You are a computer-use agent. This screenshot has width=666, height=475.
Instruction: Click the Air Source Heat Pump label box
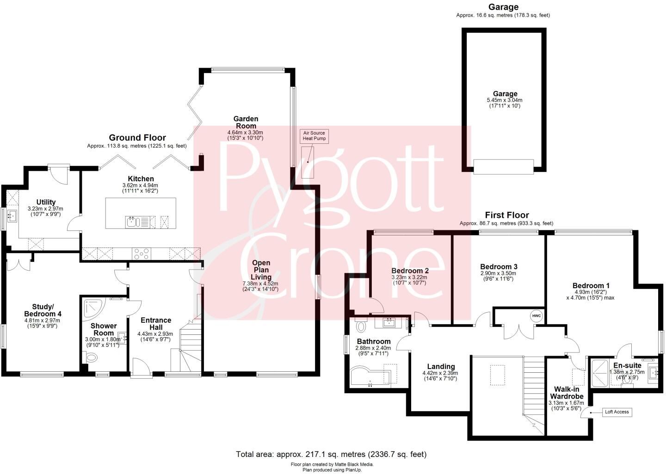(314, 136)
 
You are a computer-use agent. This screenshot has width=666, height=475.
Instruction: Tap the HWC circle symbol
(536, 316)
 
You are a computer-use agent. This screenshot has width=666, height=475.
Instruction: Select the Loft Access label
(617, 412)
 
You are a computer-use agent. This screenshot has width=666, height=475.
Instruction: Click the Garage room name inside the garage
(505, 94)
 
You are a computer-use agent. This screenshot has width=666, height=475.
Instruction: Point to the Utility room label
(46, 202)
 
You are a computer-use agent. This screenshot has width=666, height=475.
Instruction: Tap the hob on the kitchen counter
(141, 253)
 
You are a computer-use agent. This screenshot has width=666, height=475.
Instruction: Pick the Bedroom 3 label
(499, 267)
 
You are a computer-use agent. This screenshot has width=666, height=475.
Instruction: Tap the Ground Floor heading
(137, 137)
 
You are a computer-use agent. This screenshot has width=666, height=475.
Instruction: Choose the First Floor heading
(507, 215)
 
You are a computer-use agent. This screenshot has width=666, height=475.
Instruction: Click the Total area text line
(331, 454)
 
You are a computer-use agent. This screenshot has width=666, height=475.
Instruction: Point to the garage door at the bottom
(504, 167)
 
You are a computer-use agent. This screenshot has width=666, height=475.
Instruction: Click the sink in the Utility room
(12, 216)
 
